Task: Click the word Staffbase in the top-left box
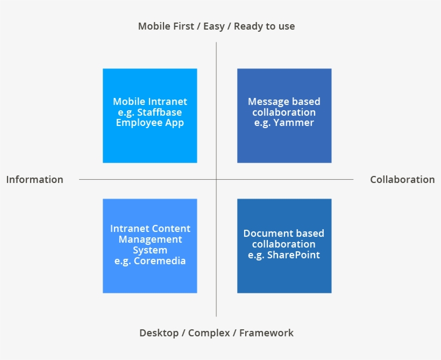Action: click(159, 112)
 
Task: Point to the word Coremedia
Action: click(160, 261)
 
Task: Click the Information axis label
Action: click(34, 180)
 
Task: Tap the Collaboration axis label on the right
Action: click(402, 180)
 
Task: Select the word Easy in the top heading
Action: click(214, 26)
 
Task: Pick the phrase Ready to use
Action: click(264, 26)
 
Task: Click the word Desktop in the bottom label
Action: click(159, 333)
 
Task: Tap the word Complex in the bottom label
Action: click(208, 333)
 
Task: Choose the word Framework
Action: click(266, 333)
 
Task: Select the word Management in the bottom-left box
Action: click(150, 239)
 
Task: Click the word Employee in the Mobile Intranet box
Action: click(139, 123)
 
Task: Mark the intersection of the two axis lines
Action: click(216, 179)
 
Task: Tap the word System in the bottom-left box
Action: click(150, 250)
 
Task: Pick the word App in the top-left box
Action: click(174, 123)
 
